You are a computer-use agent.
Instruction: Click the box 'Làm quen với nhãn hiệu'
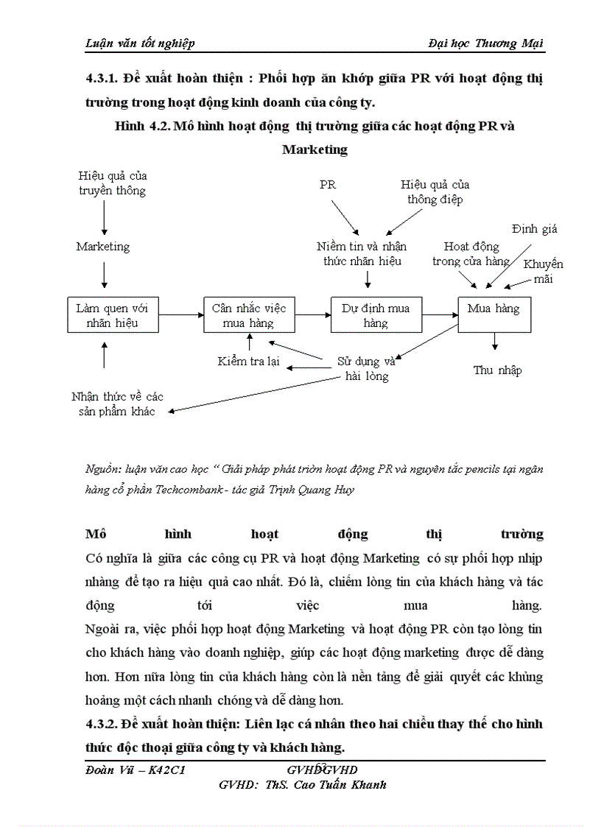coord(112,315)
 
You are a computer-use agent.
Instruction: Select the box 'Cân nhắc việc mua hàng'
coord(249,315)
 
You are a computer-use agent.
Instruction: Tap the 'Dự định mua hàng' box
coord(376,315)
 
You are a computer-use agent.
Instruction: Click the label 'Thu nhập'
coord(497,370)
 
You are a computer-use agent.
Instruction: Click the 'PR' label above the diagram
coord(328,185)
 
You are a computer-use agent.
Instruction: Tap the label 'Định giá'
coord(535,229)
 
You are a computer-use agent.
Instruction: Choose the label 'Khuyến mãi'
coord(543,272)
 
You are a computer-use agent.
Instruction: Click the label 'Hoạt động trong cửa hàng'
coord(471,254)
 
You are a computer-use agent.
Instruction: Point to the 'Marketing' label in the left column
coord(103,247)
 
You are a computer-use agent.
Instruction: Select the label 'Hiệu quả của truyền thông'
coord(113,183)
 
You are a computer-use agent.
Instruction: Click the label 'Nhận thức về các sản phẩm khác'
coord(117,404)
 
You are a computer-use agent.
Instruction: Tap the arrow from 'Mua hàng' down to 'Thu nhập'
coord(494,341)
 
